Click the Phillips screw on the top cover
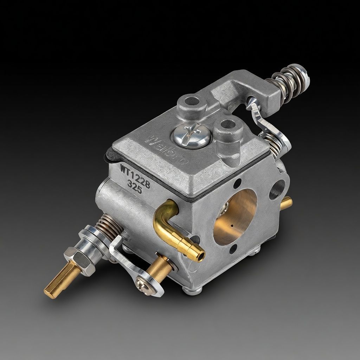(192, 135)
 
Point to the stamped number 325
(135, 187)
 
